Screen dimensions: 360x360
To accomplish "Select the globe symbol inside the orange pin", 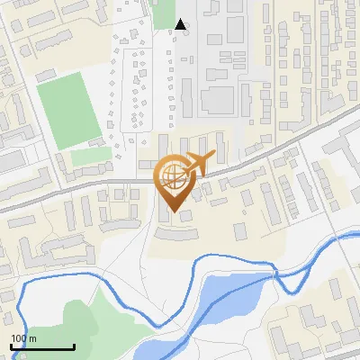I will [x=172, y=177].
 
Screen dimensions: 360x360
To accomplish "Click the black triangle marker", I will [x=181, y=24].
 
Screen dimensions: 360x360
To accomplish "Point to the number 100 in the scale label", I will [x=19, y=338].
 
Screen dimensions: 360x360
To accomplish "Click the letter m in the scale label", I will [x=33, y=338].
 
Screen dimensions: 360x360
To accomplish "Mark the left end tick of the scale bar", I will [x=11, y=346].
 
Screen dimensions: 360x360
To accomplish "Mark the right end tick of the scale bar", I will [x=74, y=346].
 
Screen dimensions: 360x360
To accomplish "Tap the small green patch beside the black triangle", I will [x=164, y=14].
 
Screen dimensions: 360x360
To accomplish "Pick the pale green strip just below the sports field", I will [x=91, y=157].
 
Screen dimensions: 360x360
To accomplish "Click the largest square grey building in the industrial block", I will [x=217, y=99].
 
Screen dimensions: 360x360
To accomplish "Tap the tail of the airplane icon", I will [x=210, y=157].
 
